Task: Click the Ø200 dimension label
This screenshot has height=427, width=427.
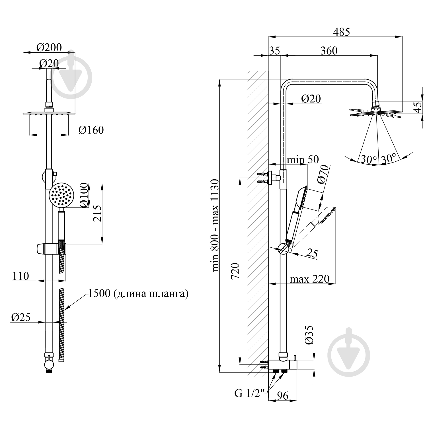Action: (x=49, y=47)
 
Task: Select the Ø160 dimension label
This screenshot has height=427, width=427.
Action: (x=91, y=130)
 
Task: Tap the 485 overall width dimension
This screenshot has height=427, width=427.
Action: (x=341, y=32)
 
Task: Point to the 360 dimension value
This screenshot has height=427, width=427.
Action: (x=329, y=51)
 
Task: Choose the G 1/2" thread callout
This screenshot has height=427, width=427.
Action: (x=247, y=393)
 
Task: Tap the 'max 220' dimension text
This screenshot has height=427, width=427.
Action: (x=309, y=279)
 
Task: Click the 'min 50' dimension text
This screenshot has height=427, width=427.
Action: (x=302, y=159)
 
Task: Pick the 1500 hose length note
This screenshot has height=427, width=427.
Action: (x=138, y=293)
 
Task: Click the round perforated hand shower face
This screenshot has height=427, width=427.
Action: (x=61, y=196)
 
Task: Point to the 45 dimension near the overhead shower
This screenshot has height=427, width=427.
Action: (x=418, y=108)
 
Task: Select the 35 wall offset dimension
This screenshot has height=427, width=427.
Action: (x=274, y=51)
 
